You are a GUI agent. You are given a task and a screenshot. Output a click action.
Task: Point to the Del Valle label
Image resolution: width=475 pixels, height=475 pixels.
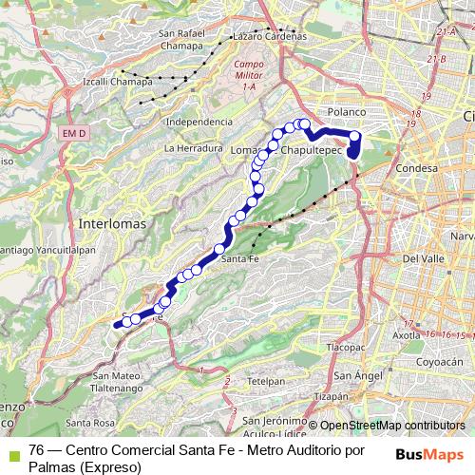424,258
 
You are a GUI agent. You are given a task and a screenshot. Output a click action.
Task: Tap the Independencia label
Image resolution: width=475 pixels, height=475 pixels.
199,123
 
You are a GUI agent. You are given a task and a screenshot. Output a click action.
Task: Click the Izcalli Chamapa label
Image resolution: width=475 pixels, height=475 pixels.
120,83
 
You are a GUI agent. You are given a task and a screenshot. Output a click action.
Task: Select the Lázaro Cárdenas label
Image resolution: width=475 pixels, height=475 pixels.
270,35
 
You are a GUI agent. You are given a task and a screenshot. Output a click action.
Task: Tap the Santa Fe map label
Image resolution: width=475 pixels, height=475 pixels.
239,258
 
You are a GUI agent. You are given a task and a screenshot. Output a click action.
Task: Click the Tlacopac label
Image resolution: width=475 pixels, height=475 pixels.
347,348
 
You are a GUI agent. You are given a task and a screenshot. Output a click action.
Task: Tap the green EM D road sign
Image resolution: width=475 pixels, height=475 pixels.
74,134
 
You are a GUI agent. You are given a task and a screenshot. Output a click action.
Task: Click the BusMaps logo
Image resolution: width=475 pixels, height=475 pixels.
430,454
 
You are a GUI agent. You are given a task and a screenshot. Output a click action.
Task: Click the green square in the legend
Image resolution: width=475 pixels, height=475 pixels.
11,450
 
